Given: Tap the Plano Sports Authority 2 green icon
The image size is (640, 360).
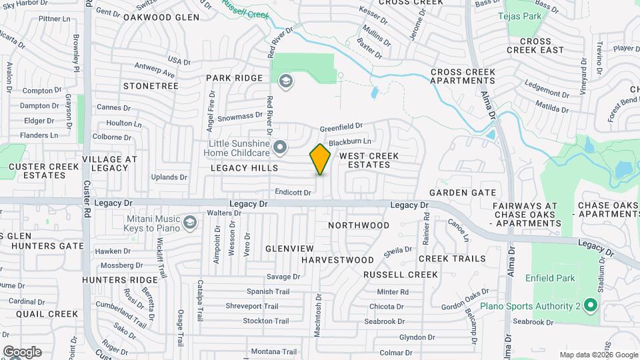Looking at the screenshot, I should click(589, 306).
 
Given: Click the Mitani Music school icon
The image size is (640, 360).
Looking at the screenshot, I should click(190, 222).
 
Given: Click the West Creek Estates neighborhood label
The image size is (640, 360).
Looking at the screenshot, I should click(369, 160).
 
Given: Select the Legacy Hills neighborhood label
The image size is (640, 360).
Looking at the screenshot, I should click(244, 169).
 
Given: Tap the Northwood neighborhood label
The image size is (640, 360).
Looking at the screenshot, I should click(359, 225).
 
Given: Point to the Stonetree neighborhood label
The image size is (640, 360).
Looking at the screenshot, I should click(151, 86).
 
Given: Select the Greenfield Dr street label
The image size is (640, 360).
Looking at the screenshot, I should click(341, 125).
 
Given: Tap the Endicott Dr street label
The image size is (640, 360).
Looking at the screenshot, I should click(293, 193).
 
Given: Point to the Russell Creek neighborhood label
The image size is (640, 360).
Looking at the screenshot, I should click(401, 275).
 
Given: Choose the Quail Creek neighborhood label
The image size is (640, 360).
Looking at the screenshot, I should click(47, 314).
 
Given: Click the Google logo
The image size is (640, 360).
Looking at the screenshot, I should click(22, 351).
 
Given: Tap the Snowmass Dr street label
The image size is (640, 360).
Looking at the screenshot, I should click(240, 116).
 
